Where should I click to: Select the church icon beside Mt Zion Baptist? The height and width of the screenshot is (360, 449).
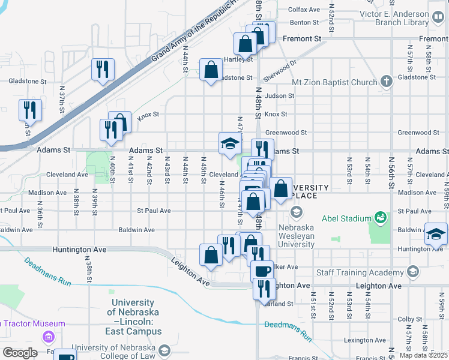tap(386, 82)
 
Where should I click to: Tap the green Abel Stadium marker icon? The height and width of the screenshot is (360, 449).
tap(379, 217)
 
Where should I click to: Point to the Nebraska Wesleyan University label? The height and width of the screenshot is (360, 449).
tap(304, 236)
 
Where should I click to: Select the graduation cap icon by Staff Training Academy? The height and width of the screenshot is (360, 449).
tap(412, 272)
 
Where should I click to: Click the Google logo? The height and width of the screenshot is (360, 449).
tap(20, 352)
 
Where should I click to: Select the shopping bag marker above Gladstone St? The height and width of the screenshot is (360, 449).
tap(211, 70)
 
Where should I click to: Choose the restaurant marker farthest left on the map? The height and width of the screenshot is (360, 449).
tap(30, 110)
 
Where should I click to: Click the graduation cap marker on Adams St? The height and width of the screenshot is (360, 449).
tap(230, 143)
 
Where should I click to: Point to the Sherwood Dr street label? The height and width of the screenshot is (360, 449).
tap(284, 66)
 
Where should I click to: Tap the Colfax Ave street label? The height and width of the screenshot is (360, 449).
tap(304, 10)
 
